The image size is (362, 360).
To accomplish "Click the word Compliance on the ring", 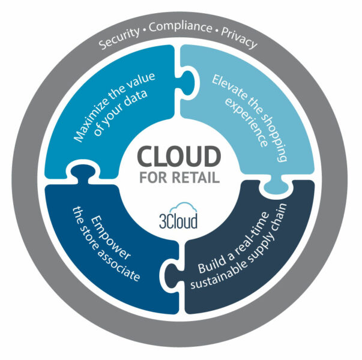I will (181, 27).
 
